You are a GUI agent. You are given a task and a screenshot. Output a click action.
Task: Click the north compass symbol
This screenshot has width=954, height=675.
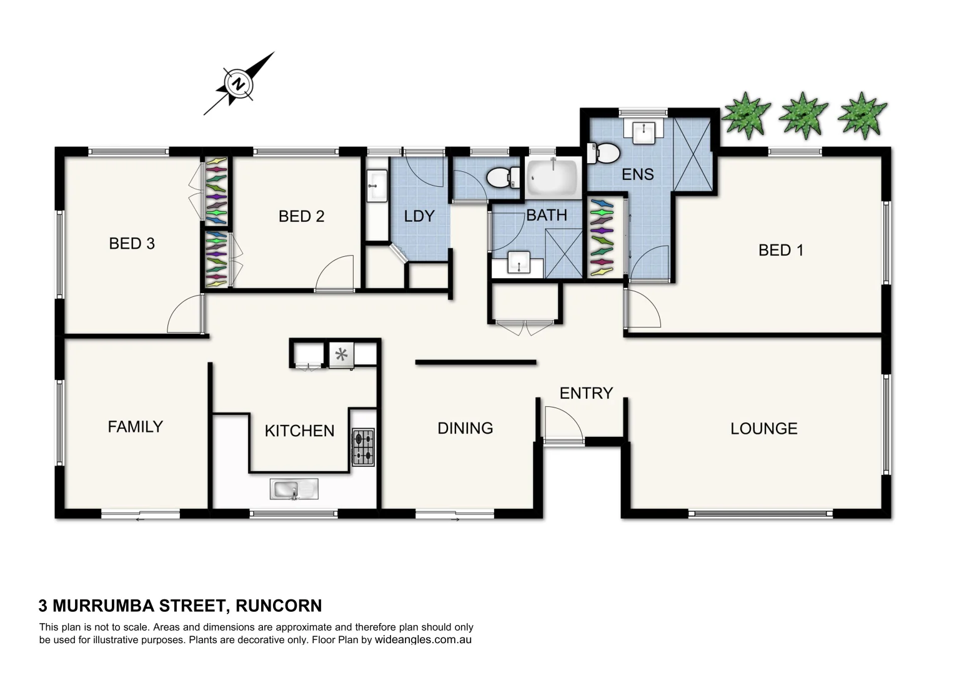[x=238, y=84]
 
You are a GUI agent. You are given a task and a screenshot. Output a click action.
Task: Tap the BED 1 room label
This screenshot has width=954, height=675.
[x=780, y=251]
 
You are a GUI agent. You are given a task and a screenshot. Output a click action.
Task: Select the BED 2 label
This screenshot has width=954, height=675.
[x=301, y=216]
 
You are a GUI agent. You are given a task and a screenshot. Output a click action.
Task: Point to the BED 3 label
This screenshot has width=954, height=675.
[x=131, y=244]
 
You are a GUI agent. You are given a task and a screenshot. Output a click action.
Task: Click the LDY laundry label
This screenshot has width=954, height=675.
[x=419, y=216]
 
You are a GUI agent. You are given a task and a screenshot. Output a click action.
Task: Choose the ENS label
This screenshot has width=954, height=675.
[x=637, y=174]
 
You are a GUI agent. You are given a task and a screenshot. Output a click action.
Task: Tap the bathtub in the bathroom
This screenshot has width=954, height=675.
[x=552, y=177]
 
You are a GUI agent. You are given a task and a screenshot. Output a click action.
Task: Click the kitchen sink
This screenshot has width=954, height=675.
[x=294, y=488]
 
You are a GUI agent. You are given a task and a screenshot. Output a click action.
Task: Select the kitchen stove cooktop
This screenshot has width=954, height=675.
[x=363, y=447]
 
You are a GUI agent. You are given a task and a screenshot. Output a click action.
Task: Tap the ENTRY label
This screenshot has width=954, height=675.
[x=585, y=393]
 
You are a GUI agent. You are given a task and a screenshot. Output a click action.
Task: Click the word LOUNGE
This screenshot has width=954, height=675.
[x=763, y=429]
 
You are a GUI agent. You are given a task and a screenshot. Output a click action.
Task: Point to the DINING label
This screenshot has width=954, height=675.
[x=465, y=428]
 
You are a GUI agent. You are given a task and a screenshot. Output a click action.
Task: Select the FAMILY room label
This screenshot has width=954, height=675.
[x=135, y=427]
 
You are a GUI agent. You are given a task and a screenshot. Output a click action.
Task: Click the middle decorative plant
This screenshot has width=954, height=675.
[x=803, y=114]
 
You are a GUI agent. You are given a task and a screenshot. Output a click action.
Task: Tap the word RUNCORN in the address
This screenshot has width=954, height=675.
[x=279, y=606]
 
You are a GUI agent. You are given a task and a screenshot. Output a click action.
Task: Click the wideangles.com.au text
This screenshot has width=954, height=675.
[x=423, y=640]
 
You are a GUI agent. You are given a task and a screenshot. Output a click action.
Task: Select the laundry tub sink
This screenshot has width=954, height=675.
[x=377, y=185]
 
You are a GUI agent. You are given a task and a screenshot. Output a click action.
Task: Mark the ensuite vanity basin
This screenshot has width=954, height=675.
[x=643, y=132]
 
